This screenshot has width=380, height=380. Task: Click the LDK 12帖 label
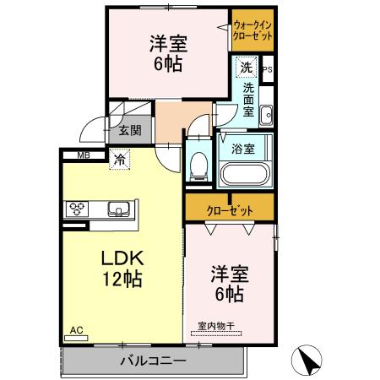point(122,268)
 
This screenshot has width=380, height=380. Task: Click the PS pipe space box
point(267,70)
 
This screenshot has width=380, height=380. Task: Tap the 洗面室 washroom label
point(250,98)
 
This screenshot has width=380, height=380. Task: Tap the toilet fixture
point(198,164)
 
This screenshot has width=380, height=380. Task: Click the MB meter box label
point(84,155)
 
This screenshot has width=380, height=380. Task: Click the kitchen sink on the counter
point(117,209)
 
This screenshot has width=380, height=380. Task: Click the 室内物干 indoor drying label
point(215,324)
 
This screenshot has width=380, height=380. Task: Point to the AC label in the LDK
point(76,329)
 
